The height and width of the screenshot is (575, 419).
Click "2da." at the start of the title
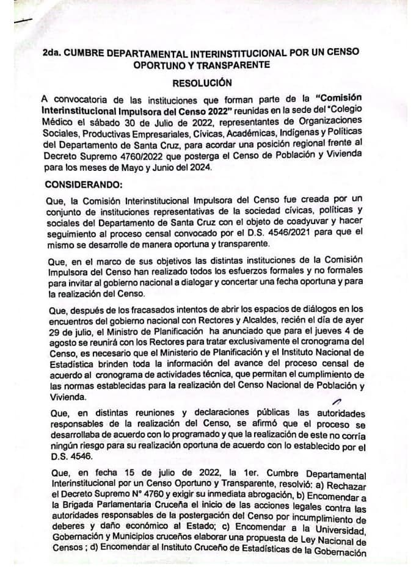click(x=54, y=52)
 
